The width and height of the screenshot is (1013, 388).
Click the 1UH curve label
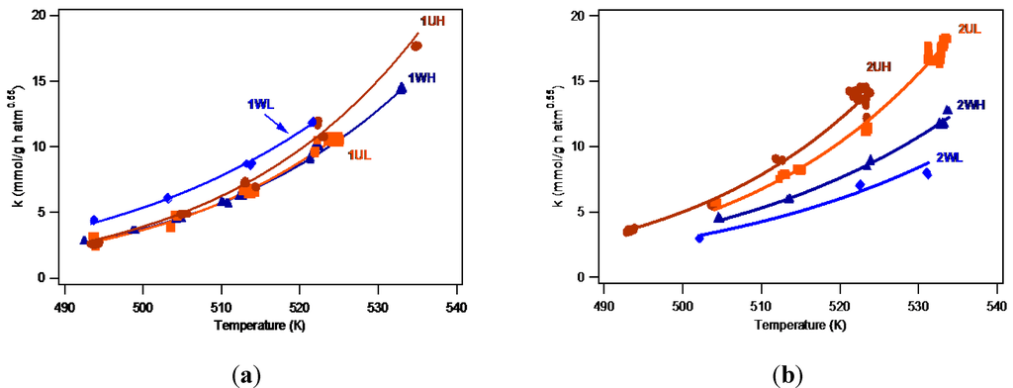(x=432, y=21)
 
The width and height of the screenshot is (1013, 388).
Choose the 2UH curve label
(x=879, y=67)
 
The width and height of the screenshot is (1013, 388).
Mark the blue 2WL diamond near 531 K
(x=927, y=173)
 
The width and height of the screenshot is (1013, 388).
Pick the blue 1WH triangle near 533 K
(x=401, y=88)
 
